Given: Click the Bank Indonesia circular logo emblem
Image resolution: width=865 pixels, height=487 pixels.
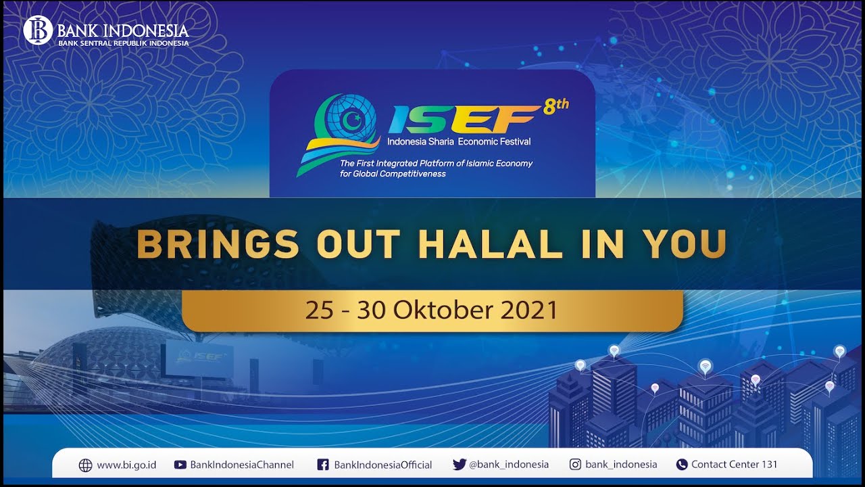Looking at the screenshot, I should [38, 30].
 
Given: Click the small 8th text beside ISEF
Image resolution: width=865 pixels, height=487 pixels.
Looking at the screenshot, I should [556, 106].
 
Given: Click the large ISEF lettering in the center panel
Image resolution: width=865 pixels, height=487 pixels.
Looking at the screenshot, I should [464, 120].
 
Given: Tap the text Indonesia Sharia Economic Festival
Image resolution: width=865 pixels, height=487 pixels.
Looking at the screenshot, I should [459, 141].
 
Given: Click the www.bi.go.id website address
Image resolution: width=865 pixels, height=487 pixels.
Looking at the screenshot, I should [126, 465].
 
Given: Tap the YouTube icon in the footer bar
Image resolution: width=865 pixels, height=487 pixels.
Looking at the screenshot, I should [180, 465].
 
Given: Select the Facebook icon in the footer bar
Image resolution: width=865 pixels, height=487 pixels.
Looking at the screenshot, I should [323, 465].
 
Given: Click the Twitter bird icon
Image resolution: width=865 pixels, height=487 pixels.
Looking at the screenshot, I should [460, 465].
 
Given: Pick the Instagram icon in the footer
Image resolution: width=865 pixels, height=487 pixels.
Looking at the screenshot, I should [575, 465].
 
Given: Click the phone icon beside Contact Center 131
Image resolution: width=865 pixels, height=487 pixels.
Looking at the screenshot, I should [682, 465].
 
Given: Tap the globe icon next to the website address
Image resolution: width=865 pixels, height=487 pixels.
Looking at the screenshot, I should [85, 465].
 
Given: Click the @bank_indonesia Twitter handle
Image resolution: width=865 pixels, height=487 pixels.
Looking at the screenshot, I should [509, 465].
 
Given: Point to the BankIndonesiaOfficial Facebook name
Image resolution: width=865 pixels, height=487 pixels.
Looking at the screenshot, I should [383, 465].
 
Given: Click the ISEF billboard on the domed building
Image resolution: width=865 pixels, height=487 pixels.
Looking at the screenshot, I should [199, 359].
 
